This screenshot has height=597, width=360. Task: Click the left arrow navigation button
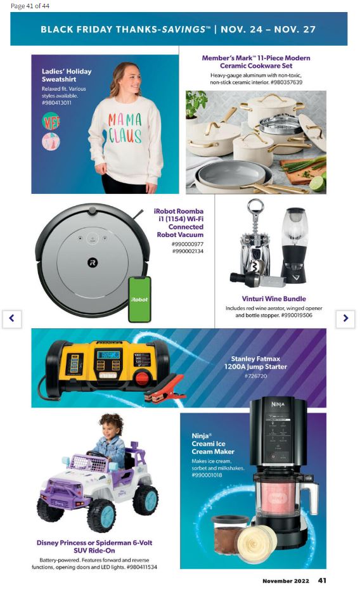(x=12, y=318)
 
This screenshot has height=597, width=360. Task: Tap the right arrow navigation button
(x=345, y=318)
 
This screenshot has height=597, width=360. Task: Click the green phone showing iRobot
(x=140, y=300)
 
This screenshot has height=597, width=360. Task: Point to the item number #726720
(x=255, y=376)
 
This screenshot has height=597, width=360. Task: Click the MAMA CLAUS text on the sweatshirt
(x=125, y=128)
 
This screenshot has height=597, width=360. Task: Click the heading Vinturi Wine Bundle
(x=274, y=299)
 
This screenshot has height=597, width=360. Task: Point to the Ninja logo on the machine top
(x=278, y=404)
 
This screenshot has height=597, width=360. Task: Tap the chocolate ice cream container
(x=229, y=532)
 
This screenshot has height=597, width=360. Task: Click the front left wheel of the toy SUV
(x=101, y=515)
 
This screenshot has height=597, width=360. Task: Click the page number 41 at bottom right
(x=322, y=581)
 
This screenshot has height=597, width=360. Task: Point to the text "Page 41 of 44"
(x=30, y=6)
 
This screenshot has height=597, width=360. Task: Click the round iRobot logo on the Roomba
(x=93, y=262)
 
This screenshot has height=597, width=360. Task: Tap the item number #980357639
(x=286, y=82)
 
